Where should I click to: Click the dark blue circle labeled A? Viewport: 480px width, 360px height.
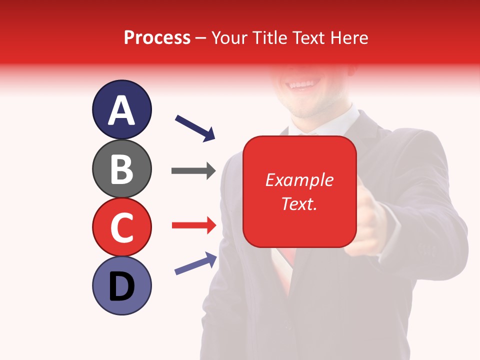(x=121, y=109)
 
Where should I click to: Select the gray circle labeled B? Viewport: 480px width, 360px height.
(x=121, y=168)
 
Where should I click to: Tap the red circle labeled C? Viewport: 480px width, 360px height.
(x=121, y=227)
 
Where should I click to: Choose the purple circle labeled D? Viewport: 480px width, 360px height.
(x=121, y=285)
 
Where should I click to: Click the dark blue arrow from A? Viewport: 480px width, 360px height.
(x=195, y=127)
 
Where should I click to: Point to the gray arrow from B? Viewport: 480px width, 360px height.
(x=193, y=171)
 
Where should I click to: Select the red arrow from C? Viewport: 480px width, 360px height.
(x=193, y=225)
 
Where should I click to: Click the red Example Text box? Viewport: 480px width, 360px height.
(x=299, y=191)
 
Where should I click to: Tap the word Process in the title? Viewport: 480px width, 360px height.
(x=157, y=37)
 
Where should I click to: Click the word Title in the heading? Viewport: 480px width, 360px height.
(x=270, y=37)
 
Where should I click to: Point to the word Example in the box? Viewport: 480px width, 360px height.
(x=299, y=180)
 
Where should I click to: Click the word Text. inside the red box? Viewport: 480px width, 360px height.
(x=299, y=203)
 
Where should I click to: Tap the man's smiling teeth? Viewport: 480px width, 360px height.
(x=301, y=84)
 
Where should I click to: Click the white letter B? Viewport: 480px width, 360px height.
(x=121, y=168)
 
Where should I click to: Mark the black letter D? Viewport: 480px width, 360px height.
(x=121, y=286)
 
